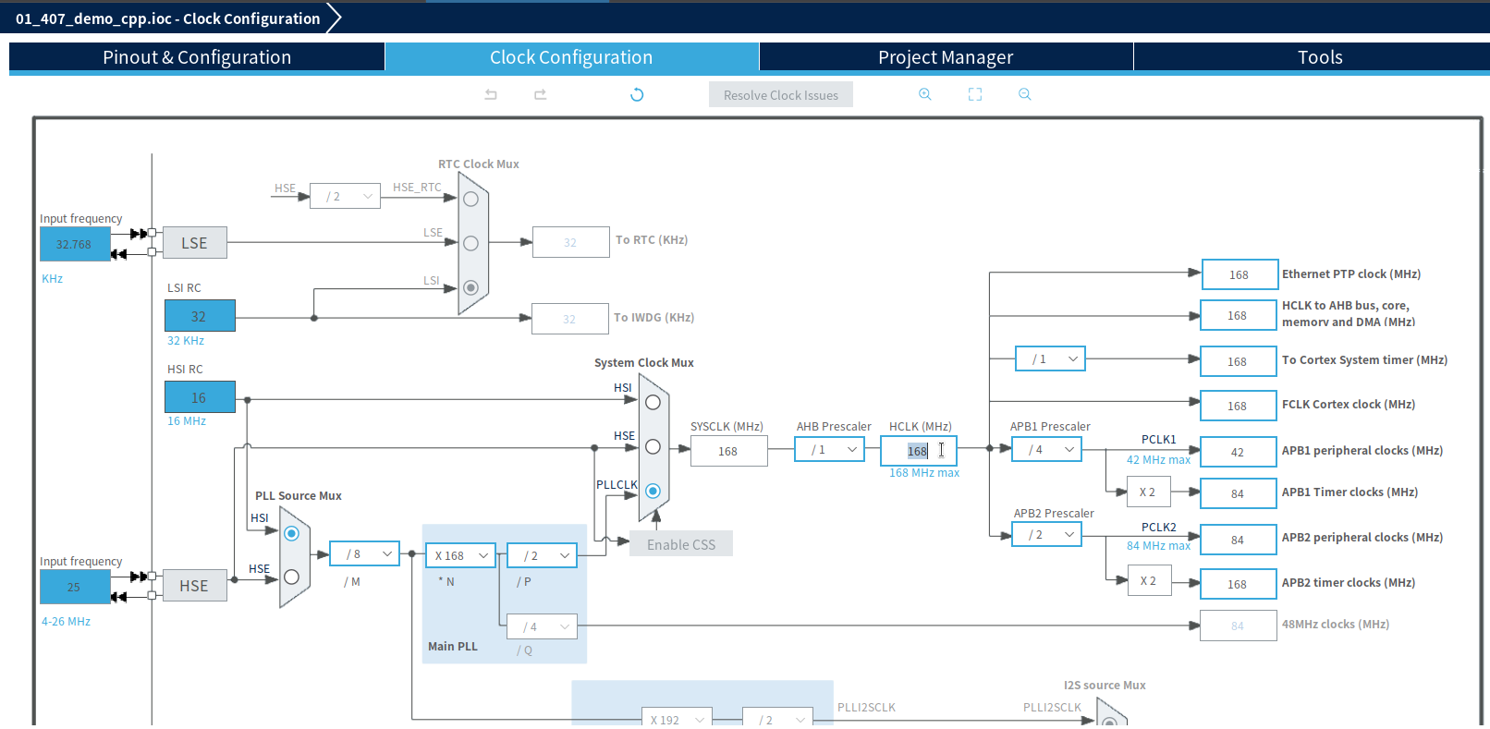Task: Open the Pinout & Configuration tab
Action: (x=197, y=57)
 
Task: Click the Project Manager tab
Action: (x=946, y=57)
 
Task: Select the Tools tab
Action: (x=1319, y=57)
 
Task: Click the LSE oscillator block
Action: (x=194, y=243)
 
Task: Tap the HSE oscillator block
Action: (x=194, y=586)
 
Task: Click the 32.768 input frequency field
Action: (x=74, y=245)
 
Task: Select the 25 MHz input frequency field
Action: (x=74, y=587)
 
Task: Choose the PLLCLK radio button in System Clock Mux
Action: (x=653, y=491)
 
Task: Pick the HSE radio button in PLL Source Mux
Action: (x=291, y=577)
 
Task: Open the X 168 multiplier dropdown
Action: (x=461, y=555)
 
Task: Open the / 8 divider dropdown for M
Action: (x=365, y=553)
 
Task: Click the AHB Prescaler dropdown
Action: (x=829, y=450)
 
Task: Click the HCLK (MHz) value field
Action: (x=918, y=451)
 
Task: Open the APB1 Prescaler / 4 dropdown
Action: (x=1046, y=450)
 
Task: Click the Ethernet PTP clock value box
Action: (x=1239, y=274)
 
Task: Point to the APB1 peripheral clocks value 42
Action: (x=1238, y=452)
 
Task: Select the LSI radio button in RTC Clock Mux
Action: (x=470, y=287)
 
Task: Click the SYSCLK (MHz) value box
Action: (x=728, y=451)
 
